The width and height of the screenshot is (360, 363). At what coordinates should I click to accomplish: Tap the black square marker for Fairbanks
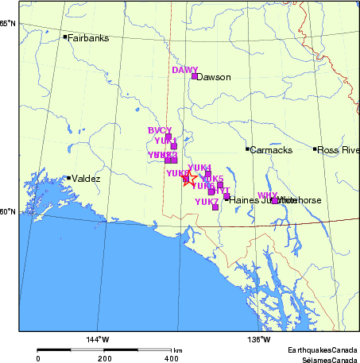64,37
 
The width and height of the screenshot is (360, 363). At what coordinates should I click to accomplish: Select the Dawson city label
213,78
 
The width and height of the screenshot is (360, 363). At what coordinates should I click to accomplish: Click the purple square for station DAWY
194,76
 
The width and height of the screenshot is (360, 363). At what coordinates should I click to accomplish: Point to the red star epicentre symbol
189,180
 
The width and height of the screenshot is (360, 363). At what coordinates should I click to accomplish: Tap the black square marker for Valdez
69,178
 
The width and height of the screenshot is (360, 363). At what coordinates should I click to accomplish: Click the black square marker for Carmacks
248,149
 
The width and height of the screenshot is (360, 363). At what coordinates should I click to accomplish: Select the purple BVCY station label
160,130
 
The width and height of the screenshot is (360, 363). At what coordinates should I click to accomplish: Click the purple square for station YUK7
215,207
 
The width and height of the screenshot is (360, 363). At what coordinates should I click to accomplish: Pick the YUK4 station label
199,168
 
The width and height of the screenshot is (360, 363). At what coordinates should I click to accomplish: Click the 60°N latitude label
8,210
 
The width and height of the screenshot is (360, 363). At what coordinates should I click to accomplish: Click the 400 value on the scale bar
171,358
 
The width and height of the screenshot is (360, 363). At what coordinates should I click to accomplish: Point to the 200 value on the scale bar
105,358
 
